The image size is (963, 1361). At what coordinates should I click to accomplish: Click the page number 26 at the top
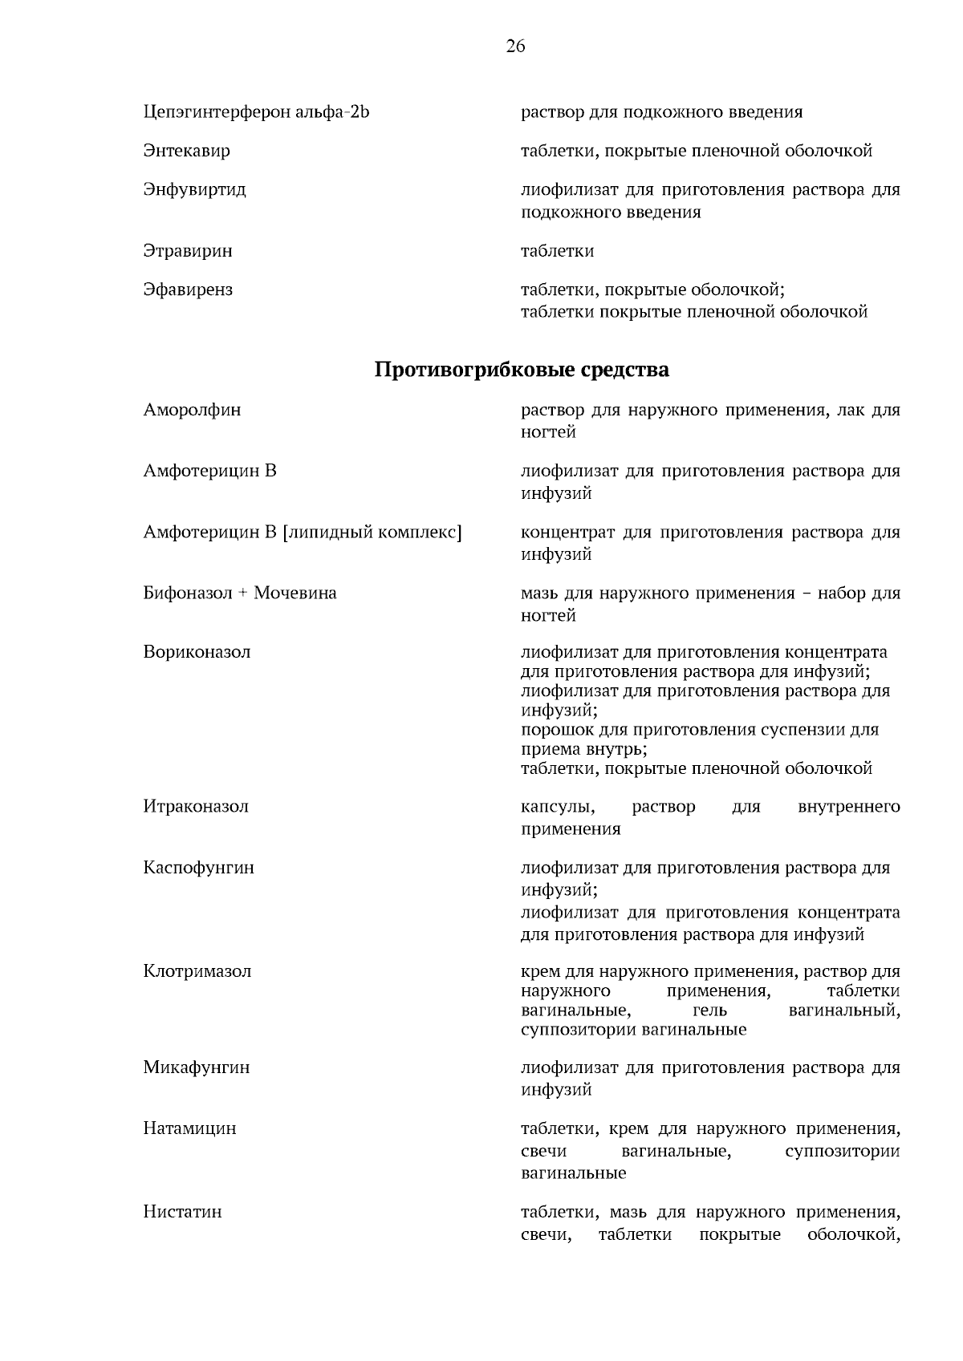point(515,47)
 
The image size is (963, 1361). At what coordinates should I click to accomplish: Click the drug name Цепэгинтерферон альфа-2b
point(256,112)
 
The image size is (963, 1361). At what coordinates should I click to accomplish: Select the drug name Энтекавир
point(186,151)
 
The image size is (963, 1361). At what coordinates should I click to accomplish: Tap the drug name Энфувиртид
point(194,190)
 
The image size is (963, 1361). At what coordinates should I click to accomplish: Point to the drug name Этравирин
point(188,251)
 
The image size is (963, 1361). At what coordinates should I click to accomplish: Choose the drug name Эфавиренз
point(188,290)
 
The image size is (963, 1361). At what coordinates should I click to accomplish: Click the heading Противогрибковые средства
point(522,371)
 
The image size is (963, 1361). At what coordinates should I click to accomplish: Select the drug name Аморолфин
point(192,411)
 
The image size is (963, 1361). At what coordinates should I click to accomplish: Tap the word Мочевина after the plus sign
point(295,593)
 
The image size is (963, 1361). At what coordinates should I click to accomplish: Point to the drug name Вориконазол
point(197,652)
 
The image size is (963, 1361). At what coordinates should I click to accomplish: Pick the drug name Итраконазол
point(196,807)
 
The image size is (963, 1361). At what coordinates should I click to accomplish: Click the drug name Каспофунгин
point(198,868)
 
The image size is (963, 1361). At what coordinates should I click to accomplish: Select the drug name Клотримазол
point(197,971)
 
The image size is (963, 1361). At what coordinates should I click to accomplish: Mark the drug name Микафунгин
point(197,1067)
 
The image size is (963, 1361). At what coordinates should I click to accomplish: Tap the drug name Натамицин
point(189,1128)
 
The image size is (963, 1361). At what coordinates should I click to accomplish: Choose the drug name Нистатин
point(182,1212)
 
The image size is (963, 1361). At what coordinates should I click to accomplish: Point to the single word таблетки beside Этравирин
point(557,251)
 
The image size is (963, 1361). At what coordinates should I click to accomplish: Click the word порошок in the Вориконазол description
point(555,730)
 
